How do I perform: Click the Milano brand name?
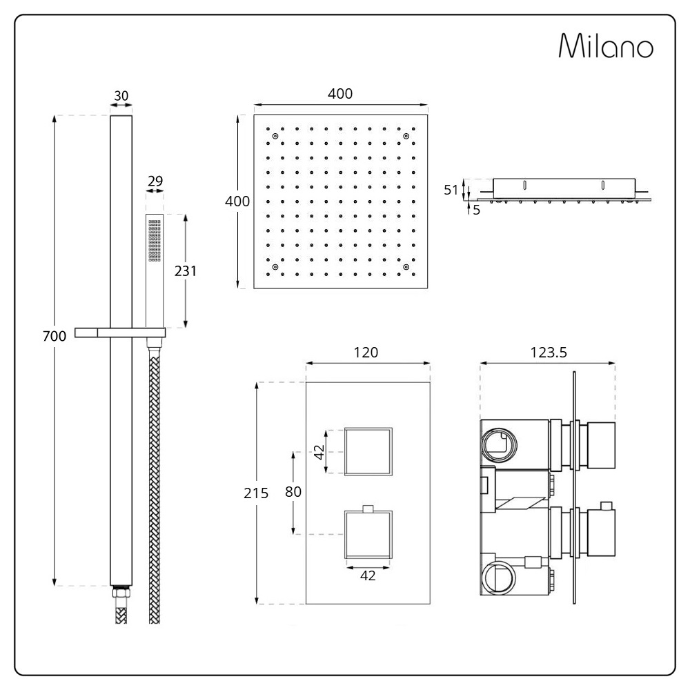(x=606, y=46)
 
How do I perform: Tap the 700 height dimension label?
(x=55, y=336)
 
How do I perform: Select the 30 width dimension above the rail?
(x=121, y=96)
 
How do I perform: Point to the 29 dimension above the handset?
(x=155, y=181)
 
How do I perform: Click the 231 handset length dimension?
(x=185, y=271)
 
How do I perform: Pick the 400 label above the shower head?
(x=340, y=94)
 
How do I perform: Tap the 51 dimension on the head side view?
(x=451, y=190)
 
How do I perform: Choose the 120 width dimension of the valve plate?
(x=366, y=353)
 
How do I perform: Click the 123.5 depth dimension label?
(x=549, y=353)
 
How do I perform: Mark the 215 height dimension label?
(x=256, y=493)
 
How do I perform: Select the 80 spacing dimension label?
(x=293, y=491)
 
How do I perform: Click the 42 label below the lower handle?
(x=368, y=575)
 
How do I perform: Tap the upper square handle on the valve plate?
(x=368, y=451)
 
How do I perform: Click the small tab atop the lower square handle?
(x=368, y=509)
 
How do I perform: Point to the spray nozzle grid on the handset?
(x=155, y=241)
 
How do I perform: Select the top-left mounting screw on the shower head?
(x=275, y=137)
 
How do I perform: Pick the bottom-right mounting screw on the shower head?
(x=406, y=267)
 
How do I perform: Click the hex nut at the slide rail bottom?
(x=121, y=592)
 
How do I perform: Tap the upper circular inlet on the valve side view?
(x=500, y=444)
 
